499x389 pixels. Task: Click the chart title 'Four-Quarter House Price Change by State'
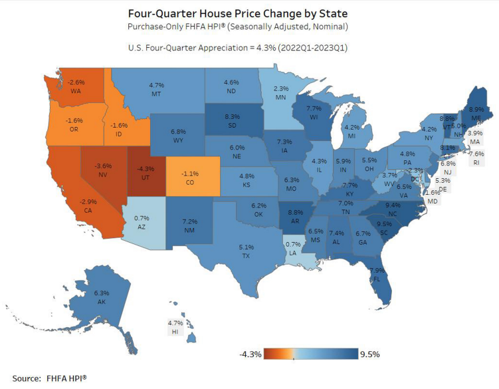(x=250, y=13)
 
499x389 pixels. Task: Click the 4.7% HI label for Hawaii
(x=173, y=326)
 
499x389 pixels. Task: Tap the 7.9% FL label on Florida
(x=377, y=275)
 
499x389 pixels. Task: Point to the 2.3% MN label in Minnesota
(x=281, y=92)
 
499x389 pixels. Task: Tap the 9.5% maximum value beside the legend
(x=369, y=354)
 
